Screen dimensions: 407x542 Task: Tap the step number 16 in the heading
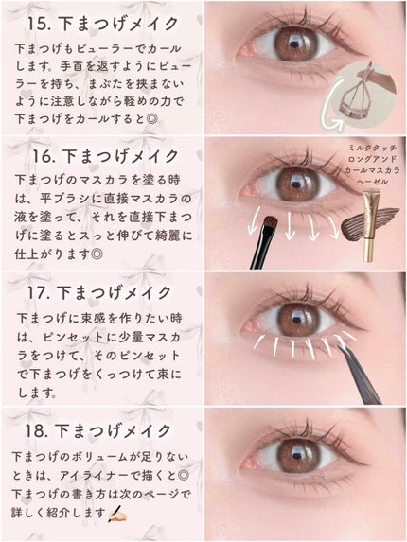[44, 156]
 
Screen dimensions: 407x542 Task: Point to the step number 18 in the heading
[36, 430]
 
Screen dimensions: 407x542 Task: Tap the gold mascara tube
[371, 224]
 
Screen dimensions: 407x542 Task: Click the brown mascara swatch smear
[369, 222]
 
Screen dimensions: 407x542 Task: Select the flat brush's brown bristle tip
[271, 223]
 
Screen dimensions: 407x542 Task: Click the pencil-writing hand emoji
[116, 514]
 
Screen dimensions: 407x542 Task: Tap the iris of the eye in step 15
[295, 45]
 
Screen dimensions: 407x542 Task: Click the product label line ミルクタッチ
[372, 148]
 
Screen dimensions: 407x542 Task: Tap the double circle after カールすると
[151, 119]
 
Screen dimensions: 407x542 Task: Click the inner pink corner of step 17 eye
[250, 325]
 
